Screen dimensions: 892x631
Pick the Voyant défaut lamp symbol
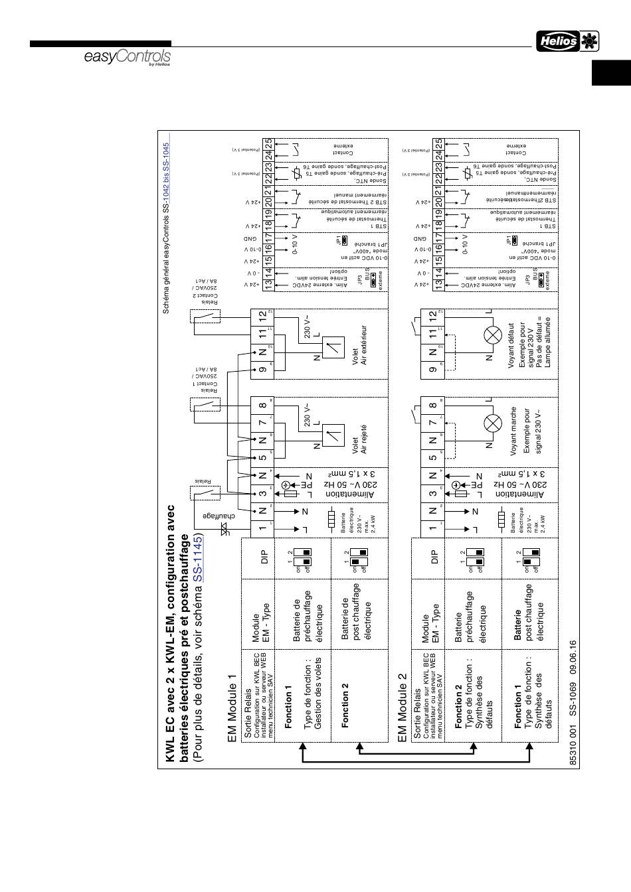point(493,335)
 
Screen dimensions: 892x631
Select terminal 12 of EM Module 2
point(432,318)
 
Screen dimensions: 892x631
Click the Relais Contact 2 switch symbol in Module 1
point(205,315)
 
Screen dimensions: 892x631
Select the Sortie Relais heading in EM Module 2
point(417,717)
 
